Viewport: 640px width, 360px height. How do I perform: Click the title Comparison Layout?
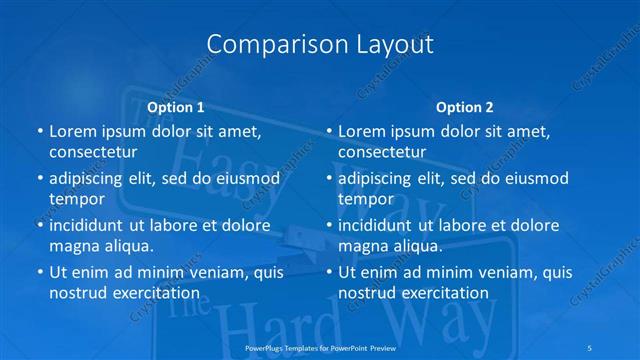(320, 45)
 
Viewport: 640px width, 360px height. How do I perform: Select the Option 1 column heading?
(175, 107)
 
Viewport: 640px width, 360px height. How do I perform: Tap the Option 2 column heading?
(464, 107)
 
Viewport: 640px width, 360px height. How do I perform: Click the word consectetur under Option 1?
(93, 153)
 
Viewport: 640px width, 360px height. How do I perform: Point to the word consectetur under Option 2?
(382, 153)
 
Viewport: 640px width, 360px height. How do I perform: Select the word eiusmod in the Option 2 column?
(534, 179)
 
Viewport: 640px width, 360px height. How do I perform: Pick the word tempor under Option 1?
(77, 199)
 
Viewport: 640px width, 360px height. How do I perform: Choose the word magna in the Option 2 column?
(362, 246)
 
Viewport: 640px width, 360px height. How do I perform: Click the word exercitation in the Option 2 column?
(444, 293)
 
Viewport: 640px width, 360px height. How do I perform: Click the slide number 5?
(592, 347)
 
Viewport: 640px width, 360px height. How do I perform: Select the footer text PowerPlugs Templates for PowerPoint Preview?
(320, 347)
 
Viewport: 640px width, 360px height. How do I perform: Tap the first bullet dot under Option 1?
(39, 132)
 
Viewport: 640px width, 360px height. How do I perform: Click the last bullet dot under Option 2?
(328, 272)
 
